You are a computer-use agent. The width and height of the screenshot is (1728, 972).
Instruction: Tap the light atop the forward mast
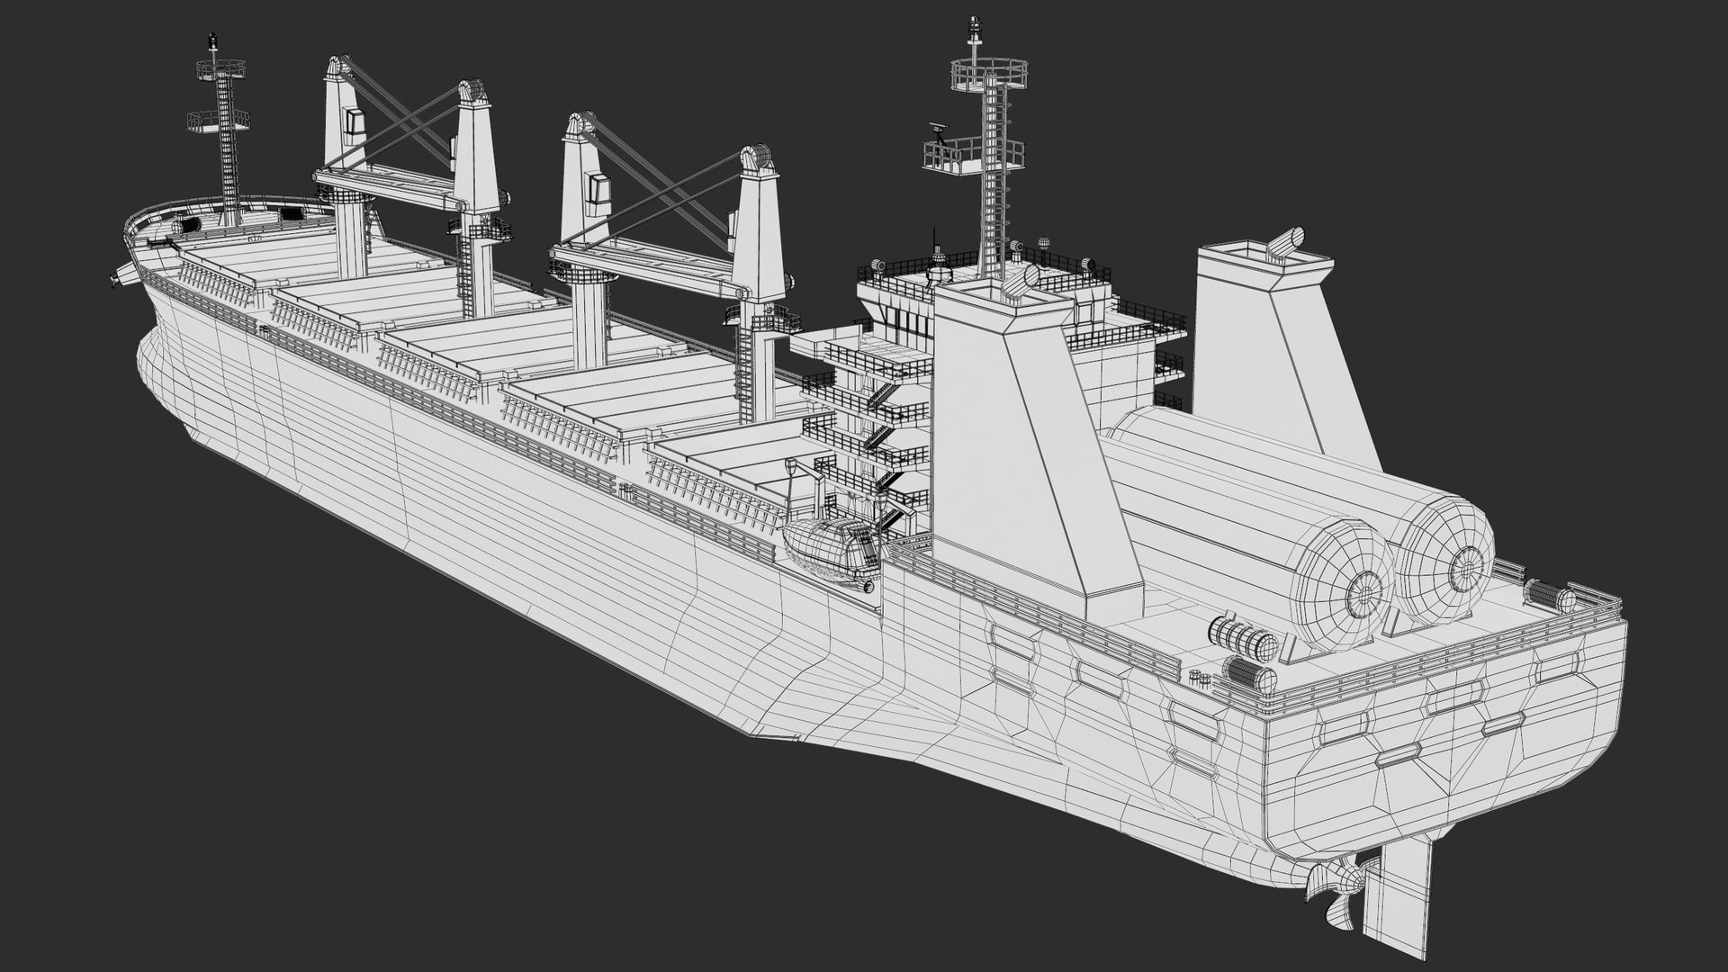point(213,40)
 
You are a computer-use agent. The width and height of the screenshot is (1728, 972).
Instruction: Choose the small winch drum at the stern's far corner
point(1548,594)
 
